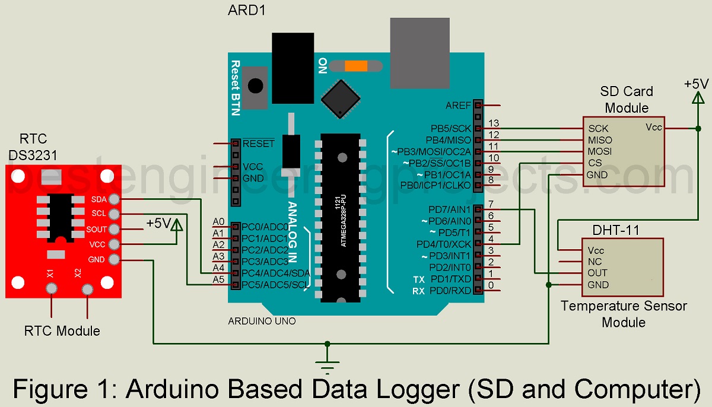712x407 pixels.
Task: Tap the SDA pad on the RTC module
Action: [x=115, y=199]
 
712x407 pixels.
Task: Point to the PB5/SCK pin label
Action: [x=451, y=128]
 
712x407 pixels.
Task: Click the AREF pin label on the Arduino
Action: [x=458, y=105]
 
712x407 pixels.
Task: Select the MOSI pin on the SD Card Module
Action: [x=600, y=152]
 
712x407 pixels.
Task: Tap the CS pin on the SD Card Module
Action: [x=595, y=163]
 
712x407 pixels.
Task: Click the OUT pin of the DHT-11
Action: [x=597, y=273]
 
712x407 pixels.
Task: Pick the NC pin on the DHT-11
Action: [x=595, y=262]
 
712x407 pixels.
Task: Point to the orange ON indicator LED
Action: [x=355, y=66]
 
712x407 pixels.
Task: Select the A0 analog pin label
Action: [x=218, y=222]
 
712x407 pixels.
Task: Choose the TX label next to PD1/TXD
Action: [x=419, y=279]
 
